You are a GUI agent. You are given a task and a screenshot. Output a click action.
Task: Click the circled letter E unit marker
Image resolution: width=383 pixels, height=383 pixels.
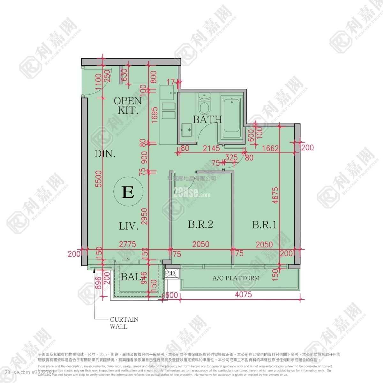pyautogui.click(x=128, y=192)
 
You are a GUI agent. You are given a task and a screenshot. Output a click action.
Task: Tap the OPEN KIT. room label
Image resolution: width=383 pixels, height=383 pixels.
pyautogui.click(x=128, y=106)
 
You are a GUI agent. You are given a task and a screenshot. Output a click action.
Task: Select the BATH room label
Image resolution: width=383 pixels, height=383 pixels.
pyautogui.click(x=207, y=120)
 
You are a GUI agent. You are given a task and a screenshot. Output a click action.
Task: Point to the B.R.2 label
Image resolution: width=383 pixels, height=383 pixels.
pyautogui.click(x=200, y=225)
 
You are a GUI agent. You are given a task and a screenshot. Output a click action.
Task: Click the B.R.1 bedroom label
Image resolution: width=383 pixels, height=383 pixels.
pyautogui.click(x=264, y=225)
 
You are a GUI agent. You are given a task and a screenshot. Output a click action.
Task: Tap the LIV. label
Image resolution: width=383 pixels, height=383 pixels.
pyautogui.click(x=129, y=227)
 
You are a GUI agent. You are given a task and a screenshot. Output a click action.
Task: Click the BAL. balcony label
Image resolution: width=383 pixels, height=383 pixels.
pyautogui.click(x=131, y=277)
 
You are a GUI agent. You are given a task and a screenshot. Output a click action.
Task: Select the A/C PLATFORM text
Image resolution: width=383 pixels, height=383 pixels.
pyautogui.click(x=236, y=278)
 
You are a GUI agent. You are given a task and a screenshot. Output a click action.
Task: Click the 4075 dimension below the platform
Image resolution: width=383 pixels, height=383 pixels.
pyautogui.click(x=243, y=294)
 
